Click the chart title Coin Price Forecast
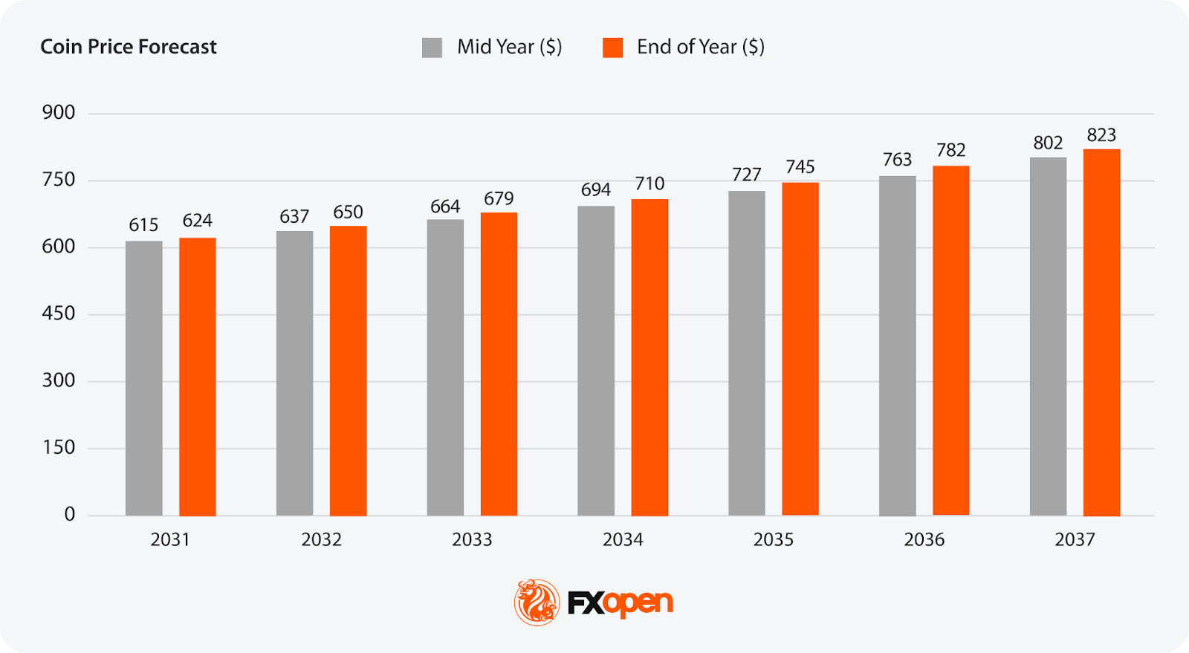pos(129,47)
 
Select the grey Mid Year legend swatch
pos(432,48)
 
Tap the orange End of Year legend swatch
pos(612,48)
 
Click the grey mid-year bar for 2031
pos(143,378)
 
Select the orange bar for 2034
pos(649,357)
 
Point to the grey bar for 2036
pos(897,345)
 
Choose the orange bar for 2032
pos(348,371)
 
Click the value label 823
pos(1101,135)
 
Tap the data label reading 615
pos(143,225)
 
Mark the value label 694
pos(596,190)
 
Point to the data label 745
pos(800,167)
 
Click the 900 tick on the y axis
pos(59,113)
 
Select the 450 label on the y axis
pos(59,313)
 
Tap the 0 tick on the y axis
pos(70,514)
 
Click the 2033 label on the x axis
pos(472,539)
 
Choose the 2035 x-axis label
pos(774,539)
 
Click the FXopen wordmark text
pos(621,602)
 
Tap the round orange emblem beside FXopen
pos(537,602)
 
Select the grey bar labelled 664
pos(445,367)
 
